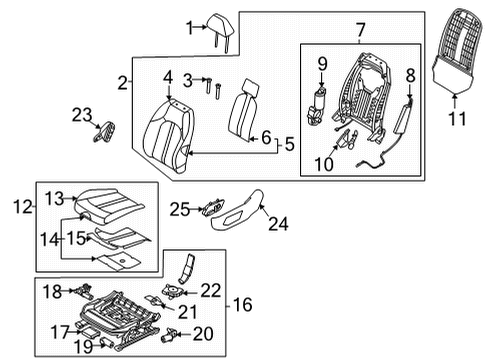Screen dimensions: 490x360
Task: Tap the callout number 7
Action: pos(360,30)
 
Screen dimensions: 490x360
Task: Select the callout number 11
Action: pos(457,118)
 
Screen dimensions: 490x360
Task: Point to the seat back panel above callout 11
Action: pos(457,50)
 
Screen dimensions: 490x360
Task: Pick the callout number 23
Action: pos(82,115)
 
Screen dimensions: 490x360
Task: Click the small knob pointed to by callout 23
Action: pos(104,131)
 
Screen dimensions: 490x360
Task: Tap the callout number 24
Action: pos(278,223)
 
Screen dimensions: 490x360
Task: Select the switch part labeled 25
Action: pos(213,208)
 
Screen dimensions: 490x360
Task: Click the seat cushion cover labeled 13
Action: pos(110,206)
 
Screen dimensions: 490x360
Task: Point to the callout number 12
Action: pos(23,207)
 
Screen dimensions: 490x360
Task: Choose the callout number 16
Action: pos(243,305)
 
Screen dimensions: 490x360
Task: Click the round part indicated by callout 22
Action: pos(173,290)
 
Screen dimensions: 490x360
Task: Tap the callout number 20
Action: pos(203,334)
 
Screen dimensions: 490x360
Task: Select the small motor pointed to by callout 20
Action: pos(169,335)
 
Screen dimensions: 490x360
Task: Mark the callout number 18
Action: pos(53,292)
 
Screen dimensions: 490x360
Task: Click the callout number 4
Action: pos(168,77)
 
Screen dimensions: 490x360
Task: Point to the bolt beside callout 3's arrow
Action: pos(209,87)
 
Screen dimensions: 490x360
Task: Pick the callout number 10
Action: pos(324,164)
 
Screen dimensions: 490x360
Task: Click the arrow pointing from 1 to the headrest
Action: pos(200,27)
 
